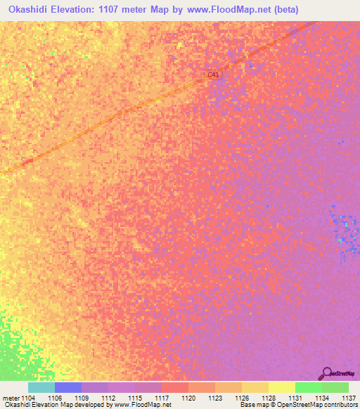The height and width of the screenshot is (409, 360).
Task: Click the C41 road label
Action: point(214,74)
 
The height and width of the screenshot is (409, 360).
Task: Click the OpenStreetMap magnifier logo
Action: point(326,374)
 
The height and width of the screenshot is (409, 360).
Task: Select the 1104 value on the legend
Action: point(29,398)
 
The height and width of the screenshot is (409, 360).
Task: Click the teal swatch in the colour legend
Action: point(41,387)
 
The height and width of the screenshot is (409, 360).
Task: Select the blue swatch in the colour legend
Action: point(68,387)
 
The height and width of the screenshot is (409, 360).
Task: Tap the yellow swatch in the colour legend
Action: point(281,387)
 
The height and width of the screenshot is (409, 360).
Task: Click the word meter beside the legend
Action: point(11,398)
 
